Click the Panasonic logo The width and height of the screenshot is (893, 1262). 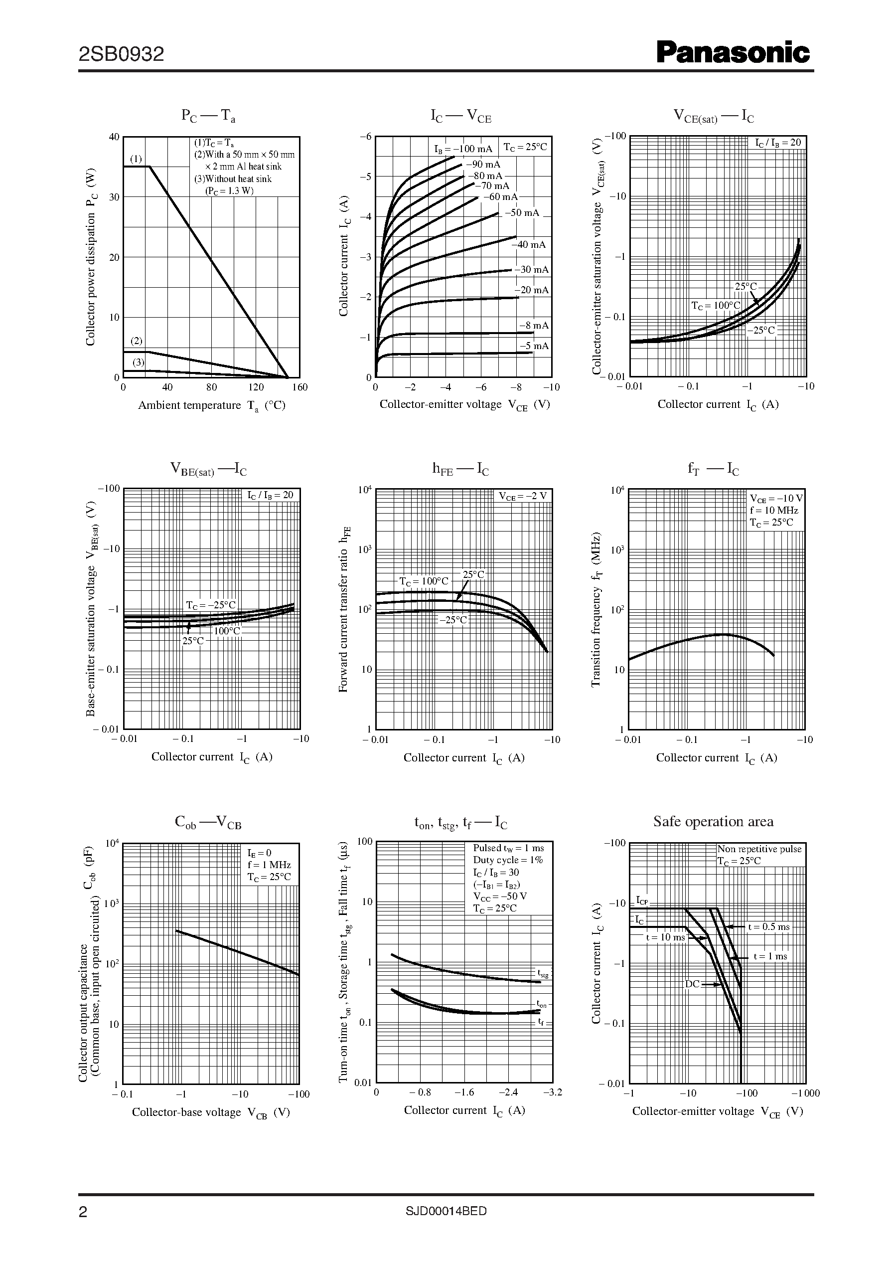(x=733, y=53)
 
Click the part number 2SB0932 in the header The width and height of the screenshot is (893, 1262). (x=122, y=54)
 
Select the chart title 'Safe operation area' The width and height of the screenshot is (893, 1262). (x=713, y=822)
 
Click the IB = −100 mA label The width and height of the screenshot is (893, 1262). (x=463, y=149)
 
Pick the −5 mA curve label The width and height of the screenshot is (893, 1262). (x=534, y=346)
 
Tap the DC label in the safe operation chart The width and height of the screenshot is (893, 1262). (x=692, y=984)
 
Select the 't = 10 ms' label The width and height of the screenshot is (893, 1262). (x=665, y=937)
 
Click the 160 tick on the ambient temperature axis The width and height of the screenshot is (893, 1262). (x=299, y=387)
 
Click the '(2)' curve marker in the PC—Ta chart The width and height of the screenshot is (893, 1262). (x=137, y=341)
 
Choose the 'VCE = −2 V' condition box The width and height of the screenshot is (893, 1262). (x=522, y=496)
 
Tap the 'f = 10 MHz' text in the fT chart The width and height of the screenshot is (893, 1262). (x=774, y=511)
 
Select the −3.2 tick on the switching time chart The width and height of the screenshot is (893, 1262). (x=552, y=1092)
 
